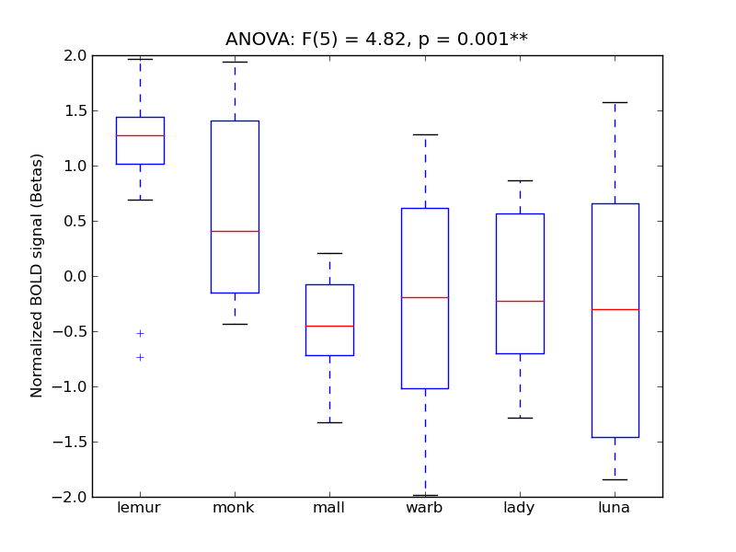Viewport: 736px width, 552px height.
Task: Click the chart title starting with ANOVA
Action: tap(376, 40)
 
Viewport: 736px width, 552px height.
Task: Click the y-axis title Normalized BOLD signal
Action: tap(37, 276)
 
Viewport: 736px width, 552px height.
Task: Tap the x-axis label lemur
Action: tap(140, 508)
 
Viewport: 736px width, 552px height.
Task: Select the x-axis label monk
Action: tap(235, 508)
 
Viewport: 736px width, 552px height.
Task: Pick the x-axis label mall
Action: tap(329, 508)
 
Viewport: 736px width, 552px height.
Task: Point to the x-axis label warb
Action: tap(424, 508)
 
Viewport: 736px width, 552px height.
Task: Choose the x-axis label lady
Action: tap(520, 508)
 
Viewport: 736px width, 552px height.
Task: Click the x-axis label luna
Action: tap(615, 508)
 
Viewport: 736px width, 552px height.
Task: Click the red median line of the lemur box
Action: tap(140, 135)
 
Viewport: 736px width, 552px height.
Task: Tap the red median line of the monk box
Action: tap(235, 231)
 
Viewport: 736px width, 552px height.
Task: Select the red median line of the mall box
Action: tap(329, 326)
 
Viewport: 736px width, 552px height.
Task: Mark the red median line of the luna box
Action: tap(615, 309)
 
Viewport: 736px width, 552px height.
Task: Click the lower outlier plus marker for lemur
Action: tap(140, 357)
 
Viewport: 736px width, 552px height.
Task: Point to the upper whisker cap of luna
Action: tap(615, 102)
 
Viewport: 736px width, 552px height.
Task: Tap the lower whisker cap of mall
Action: tap(329, 422)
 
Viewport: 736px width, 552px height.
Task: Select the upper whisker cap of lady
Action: tap(520, 180)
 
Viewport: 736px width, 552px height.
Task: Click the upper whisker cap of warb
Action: tap(424, 134)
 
